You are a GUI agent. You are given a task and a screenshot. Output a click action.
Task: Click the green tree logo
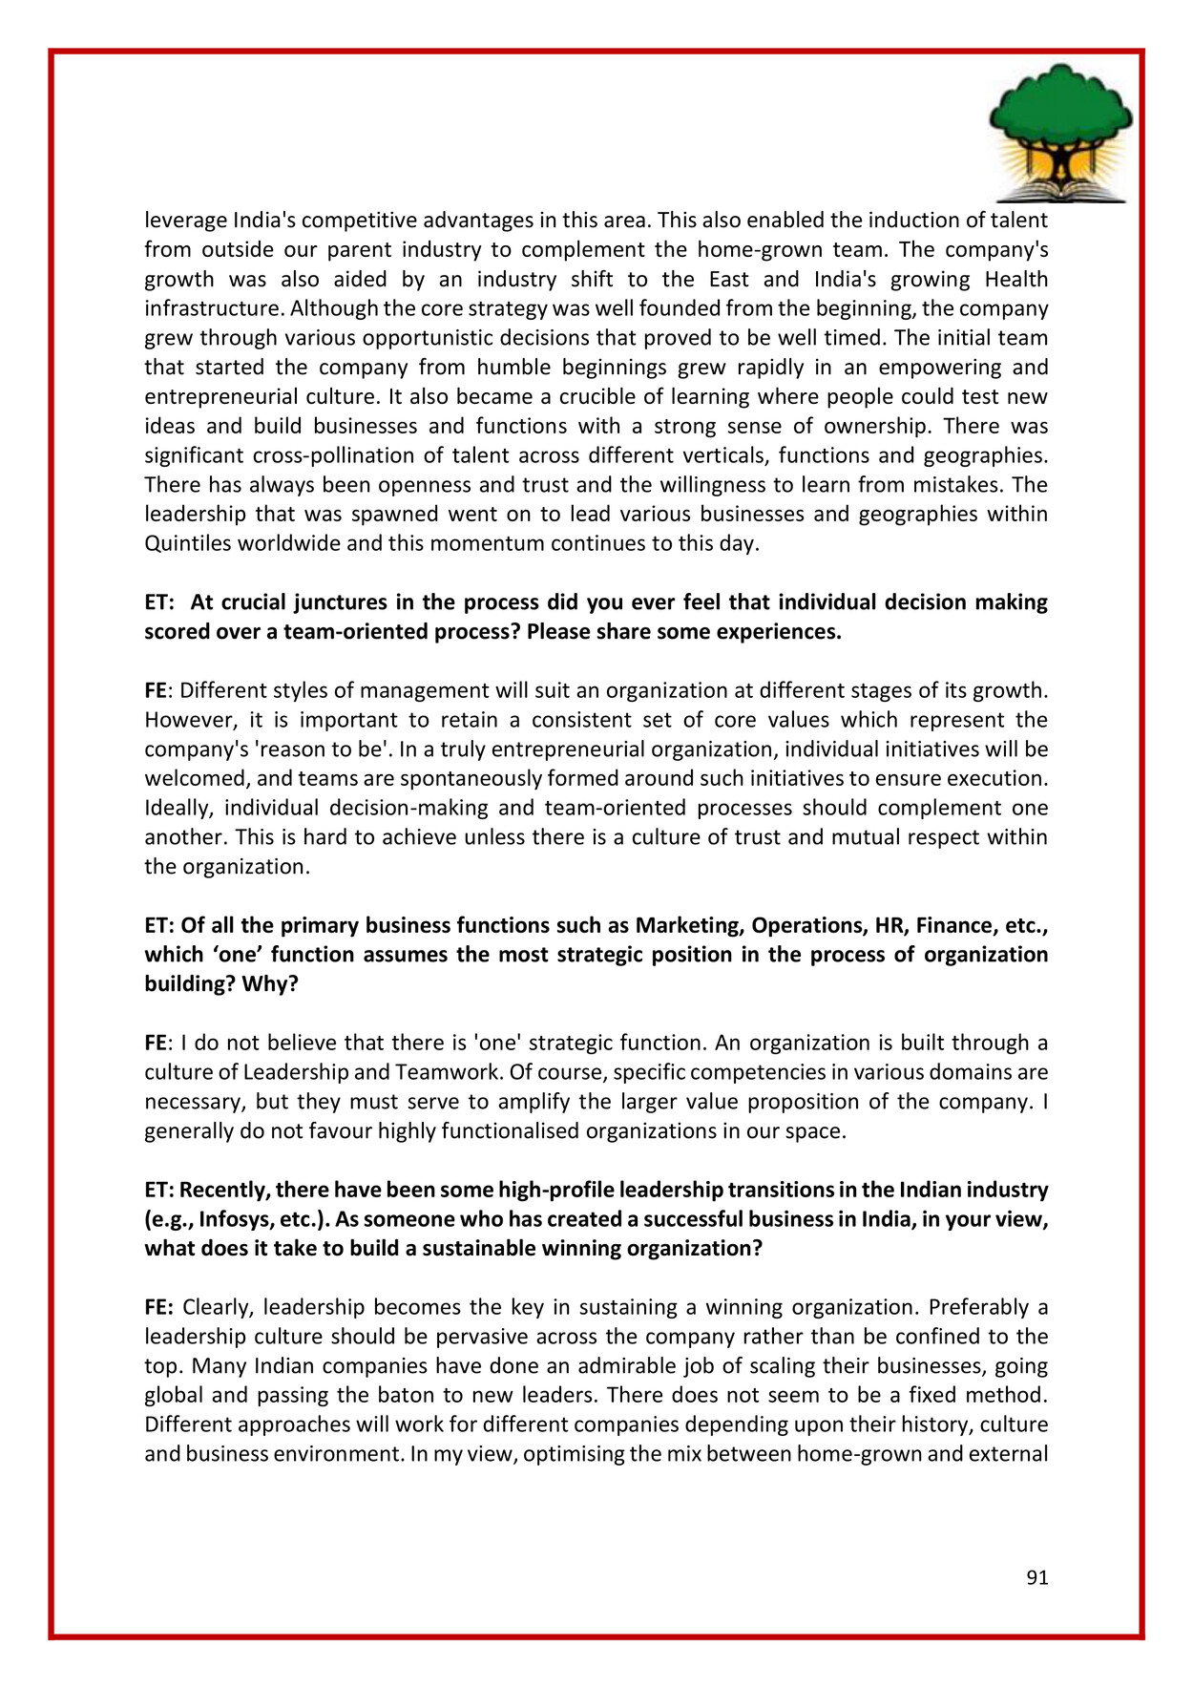pos(1060,132)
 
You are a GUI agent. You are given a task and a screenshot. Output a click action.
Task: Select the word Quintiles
pos(189,544)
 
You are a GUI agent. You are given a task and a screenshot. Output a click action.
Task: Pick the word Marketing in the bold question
pos(688,925)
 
